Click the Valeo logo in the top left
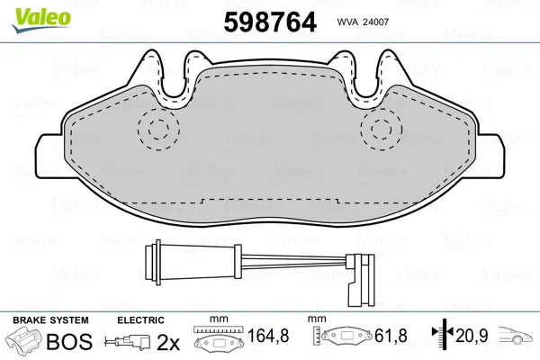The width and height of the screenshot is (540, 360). [x=41, y=21]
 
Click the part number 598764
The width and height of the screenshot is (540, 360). [x=270, y=22]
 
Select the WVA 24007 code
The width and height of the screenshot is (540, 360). [x=363, y=22]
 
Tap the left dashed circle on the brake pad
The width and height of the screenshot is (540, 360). [x=158, y=129]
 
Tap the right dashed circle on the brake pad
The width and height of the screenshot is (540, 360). [x=382, y=129]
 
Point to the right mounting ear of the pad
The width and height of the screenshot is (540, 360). [x=490, y=156]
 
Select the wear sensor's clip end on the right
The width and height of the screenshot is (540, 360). [x=360, y=280]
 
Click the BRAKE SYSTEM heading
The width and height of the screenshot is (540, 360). [x=50, y=320]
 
